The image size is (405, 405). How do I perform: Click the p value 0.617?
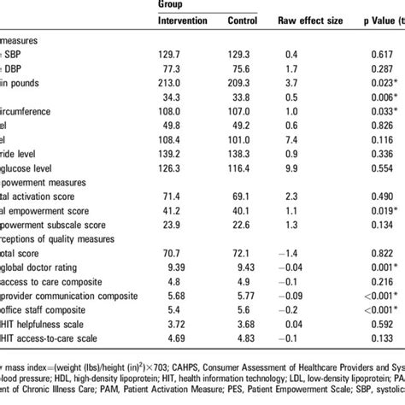(370, 53)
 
